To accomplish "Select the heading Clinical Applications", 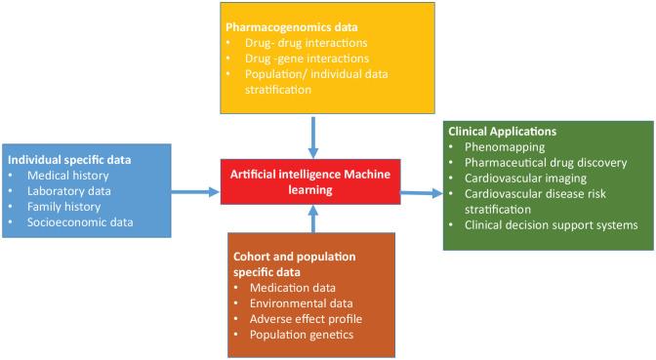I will tap(501, 131).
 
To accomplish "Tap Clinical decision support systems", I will tap(551, 225).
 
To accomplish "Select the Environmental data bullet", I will tap(294, 303).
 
